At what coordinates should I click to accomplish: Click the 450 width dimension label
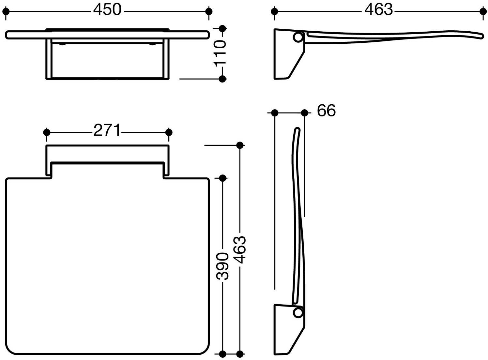point(107,10)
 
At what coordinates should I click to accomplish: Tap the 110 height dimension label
point(220,53)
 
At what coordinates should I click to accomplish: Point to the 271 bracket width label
point(107,130)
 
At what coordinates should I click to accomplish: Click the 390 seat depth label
point(222,266)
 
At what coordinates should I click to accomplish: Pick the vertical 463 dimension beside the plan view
point(240,249)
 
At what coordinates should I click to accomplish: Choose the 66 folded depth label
point(326,111)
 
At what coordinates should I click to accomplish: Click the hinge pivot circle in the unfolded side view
point(298,37)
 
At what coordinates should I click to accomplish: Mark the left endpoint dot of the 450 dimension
point(6,11)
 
